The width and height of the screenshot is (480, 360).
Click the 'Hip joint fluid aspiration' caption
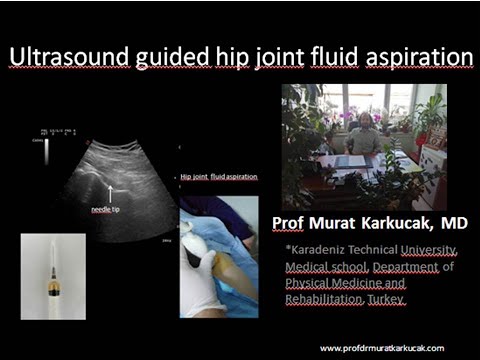pos(219,176)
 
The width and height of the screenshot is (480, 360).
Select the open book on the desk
pos(350,161)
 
